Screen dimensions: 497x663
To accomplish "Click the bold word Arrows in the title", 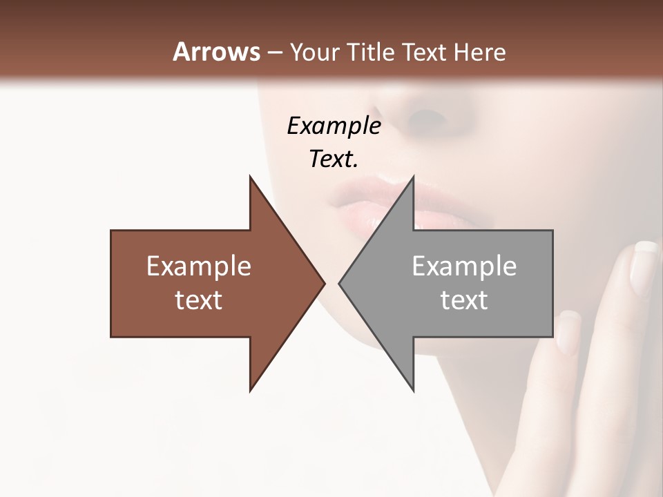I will (216, 52).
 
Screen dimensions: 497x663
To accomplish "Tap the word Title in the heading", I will (373, 52).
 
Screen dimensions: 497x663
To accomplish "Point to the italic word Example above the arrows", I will (334, 126).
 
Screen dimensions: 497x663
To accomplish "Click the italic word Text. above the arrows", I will (334, 159).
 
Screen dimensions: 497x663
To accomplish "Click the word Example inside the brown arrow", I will (199, 266).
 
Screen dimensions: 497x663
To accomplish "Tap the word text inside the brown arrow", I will (199, 300).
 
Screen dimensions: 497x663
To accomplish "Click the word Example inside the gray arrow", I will (464, 266).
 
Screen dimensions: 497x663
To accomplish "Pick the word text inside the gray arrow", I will (464, 300).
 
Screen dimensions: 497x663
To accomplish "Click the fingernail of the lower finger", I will (570, 329).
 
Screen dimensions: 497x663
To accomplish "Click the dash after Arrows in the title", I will (274, 52).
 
